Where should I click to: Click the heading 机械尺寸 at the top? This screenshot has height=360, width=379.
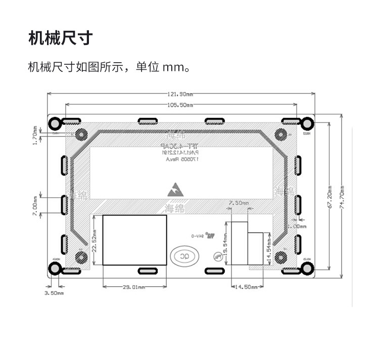(61, 38)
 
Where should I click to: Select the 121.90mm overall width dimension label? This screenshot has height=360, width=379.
(180, 94)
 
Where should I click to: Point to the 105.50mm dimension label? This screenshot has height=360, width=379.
(180, 105)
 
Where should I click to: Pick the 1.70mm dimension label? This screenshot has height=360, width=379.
(34, 136)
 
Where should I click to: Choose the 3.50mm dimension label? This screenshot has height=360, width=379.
(54, 293)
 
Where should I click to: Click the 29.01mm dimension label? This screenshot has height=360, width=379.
(134, 287)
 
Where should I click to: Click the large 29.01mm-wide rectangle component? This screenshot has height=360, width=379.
(134, 240)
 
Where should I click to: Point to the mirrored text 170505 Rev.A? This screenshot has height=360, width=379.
(182, 159)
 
